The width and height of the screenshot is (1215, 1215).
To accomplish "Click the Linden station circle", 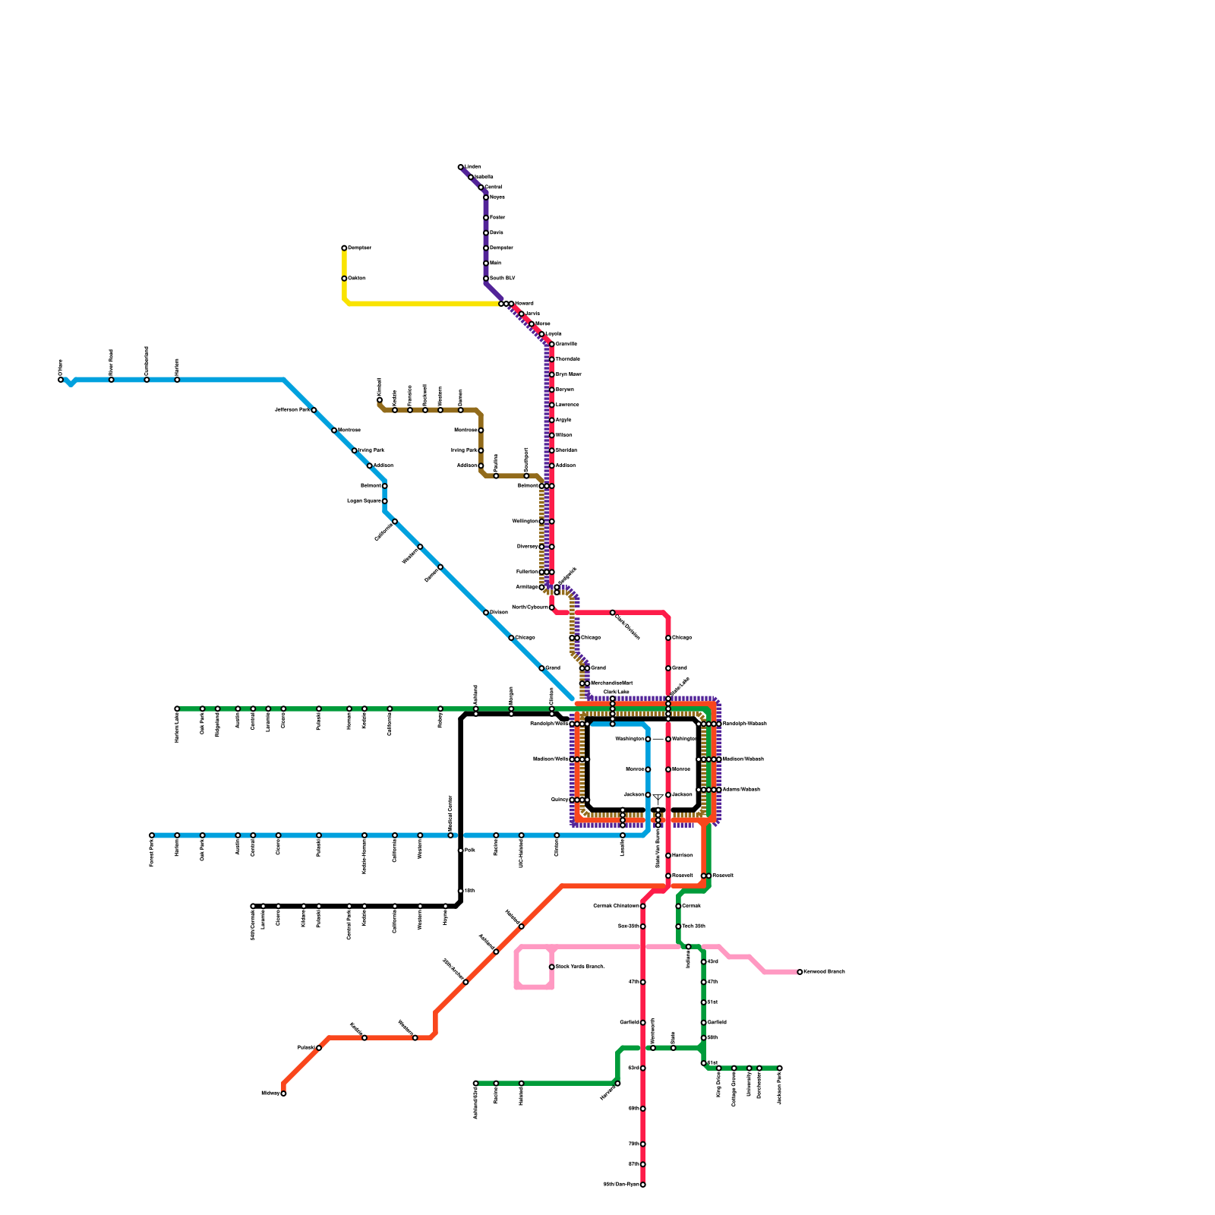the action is (x=461, y=167).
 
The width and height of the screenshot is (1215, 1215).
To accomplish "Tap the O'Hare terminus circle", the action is (x=61, y=380).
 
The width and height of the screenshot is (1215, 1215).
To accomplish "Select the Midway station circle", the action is (x=283, y=1093).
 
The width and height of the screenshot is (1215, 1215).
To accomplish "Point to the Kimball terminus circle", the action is (x=380, y=400).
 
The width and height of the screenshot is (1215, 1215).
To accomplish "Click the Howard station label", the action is (x=524, y=304).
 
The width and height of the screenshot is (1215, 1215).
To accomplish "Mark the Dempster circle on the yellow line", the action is (x=344, y=248).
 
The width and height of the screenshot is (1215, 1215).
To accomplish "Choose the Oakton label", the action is (x=357, y=279).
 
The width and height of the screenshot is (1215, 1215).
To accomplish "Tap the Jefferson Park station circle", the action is (x=314, y=410).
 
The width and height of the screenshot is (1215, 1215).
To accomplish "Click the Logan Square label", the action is (x=364, y=501).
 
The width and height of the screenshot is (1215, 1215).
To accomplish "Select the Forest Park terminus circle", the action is (x=152, y=835).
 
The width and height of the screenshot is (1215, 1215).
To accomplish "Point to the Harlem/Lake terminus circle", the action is (x=177, y=708).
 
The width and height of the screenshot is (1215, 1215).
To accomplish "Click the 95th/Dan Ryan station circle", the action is (x=643, y=1185).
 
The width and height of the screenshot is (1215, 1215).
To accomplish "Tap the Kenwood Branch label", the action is (x=824, y=972).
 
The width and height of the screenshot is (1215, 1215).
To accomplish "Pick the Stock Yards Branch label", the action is (x=579, y=967).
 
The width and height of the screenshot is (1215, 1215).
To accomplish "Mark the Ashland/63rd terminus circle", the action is (x=476, y=1084).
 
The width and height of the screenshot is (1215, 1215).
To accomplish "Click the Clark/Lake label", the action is (x=616, y=692).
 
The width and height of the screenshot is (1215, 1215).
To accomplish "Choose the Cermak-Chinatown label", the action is (x=616, y=906).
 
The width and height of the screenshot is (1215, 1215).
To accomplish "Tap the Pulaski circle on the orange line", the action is (x=319, y=1048).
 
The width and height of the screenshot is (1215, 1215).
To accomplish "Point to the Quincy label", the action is (x=560, y=800).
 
